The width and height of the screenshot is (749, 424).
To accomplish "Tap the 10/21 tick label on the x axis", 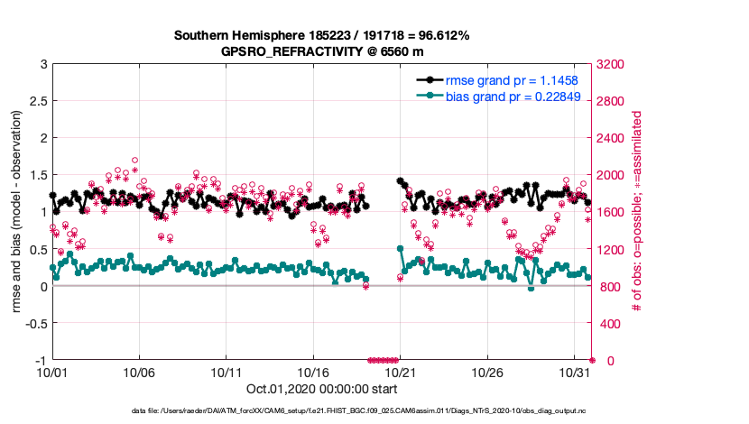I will [400, 371].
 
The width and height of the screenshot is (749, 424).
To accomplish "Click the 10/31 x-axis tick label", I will [574, 371].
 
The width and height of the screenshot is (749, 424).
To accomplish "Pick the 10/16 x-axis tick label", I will [313, 371].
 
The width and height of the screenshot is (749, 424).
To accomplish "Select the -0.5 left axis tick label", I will [33, 323].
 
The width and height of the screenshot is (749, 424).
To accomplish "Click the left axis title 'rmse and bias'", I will [15, 212].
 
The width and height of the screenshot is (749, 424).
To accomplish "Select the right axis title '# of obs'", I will [636, 212].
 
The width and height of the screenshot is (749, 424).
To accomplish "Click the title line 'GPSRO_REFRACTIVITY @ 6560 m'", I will [322, 51].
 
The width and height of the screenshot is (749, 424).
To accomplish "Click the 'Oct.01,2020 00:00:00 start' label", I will [321, 390].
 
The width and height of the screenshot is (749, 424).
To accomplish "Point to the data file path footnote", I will [322, 411].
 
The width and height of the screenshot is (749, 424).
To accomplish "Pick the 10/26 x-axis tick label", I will [487, 371].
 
